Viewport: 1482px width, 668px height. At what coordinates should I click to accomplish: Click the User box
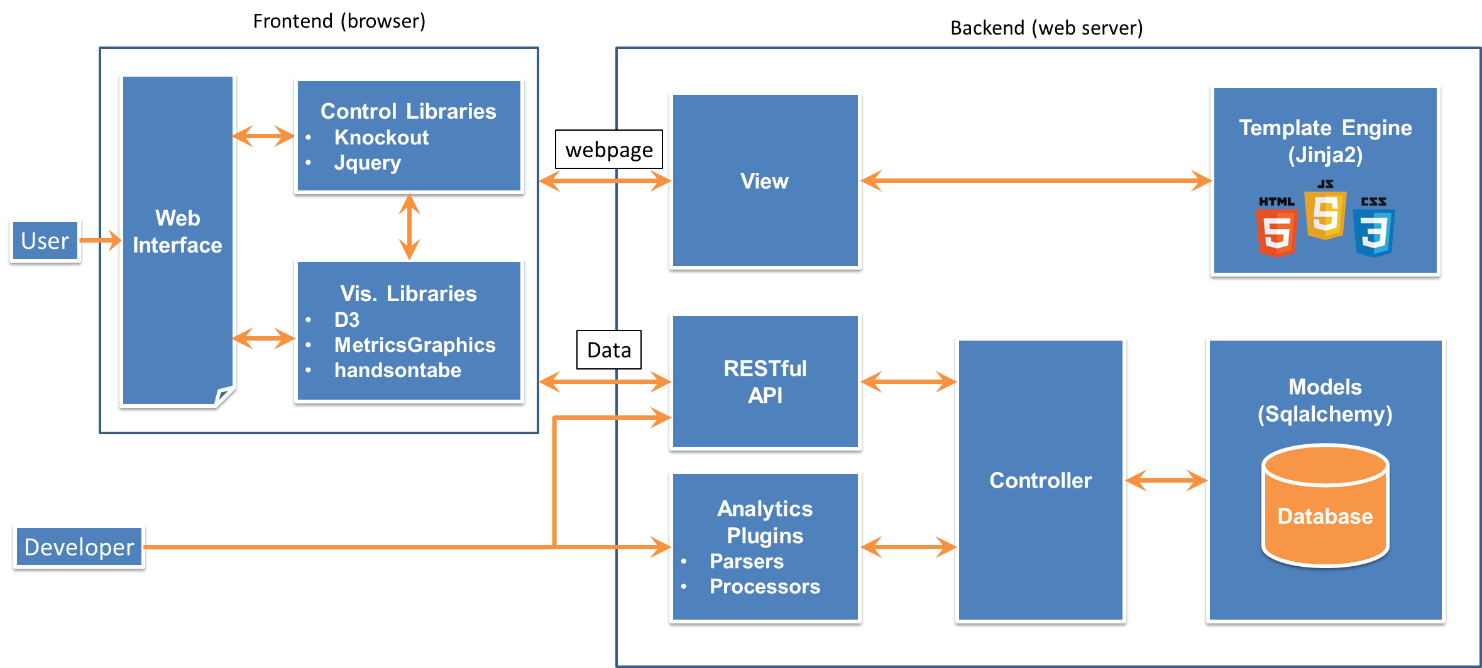45,241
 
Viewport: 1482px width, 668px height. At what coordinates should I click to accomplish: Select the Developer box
79,547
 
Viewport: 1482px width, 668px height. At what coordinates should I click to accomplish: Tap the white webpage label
608,150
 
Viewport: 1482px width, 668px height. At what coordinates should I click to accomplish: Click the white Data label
608,350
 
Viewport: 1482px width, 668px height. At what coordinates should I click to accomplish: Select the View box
765,181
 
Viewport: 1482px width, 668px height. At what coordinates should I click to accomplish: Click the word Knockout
381,138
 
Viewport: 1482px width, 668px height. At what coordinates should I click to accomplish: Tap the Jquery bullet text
368,163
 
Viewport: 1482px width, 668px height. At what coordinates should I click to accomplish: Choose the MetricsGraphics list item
415,345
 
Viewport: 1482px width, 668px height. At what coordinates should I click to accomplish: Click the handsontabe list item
398,370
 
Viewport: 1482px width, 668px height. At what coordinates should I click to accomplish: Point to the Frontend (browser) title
339,21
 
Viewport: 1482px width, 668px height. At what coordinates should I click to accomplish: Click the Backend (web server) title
1046,28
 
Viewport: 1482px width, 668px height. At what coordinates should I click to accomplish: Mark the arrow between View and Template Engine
1036,181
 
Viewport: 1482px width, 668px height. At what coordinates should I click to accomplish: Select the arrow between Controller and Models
1166,481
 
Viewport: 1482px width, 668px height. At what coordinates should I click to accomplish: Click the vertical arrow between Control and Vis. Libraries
409,227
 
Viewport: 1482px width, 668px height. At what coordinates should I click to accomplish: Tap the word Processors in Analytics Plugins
765,586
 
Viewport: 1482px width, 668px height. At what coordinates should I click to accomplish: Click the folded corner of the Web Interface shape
224,397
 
